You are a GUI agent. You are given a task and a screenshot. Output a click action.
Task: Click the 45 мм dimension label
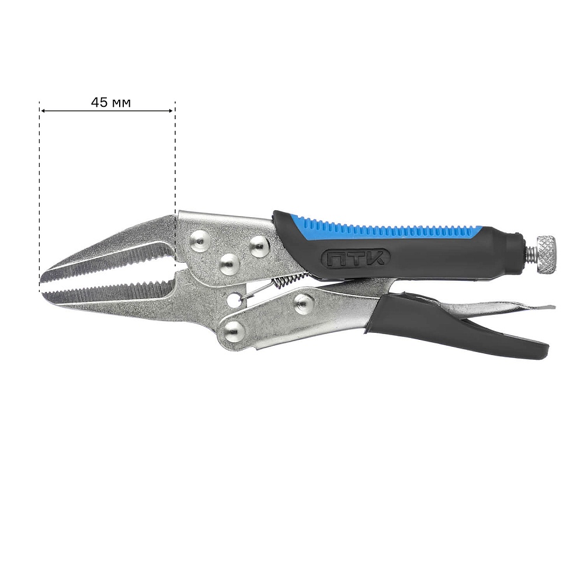point(111,102)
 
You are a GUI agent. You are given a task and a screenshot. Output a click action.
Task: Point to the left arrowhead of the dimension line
point(43,110)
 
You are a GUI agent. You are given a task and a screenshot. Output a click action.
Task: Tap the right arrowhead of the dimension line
point(171,110)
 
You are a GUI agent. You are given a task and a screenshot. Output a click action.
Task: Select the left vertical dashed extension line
point(40,197)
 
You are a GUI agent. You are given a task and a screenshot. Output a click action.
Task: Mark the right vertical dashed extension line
point(175,160)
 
